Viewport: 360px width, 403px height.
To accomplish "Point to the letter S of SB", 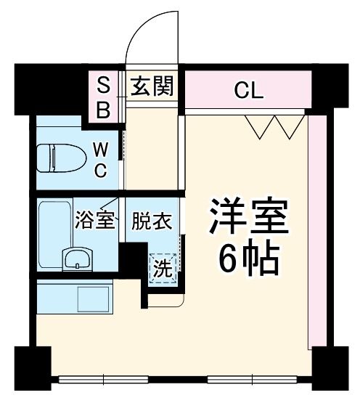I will (104, 86).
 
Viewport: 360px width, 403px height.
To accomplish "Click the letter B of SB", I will (104, 110).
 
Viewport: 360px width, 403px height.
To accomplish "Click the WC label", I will (102, 160).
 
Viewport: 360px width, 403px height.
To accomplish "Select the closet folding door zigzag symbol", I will (275, 126).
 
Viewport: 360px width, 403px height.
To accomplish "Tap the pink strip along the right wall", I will (316, 232).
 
